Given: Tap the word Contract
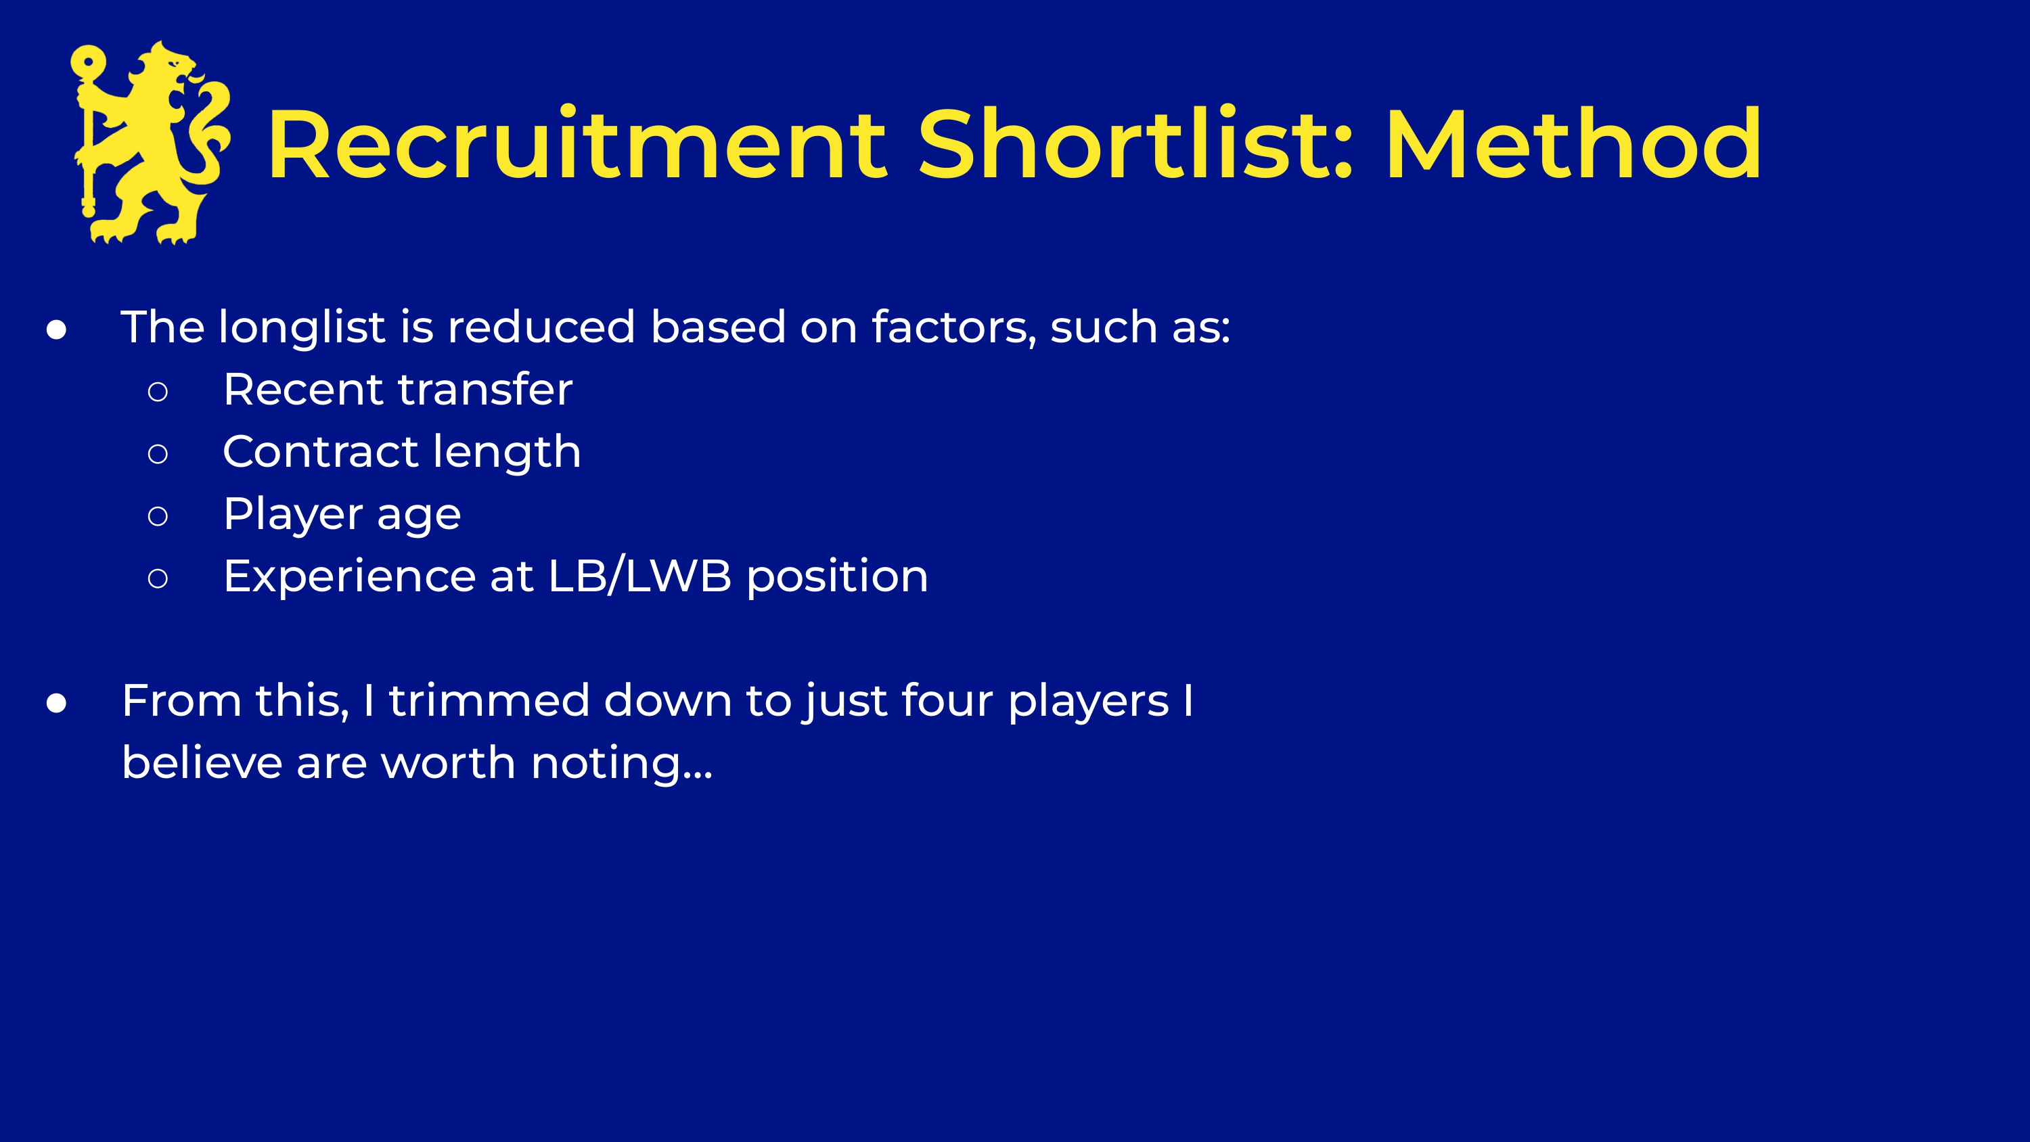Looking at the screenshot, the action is pyautogui.click(x=321, y=452).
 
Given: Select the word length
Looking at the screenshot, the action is pyautogui.click(x=507, y=453).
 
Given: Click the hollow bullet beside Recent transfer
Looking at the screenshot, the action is pyautogui.click(x=158, y=391).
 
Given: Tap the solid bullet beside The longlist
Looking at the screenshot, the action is pyautogui.click(x=56, y=329).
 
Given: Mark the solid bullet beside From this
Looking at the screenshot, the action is pyautogui.click(x=56, y=703).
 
